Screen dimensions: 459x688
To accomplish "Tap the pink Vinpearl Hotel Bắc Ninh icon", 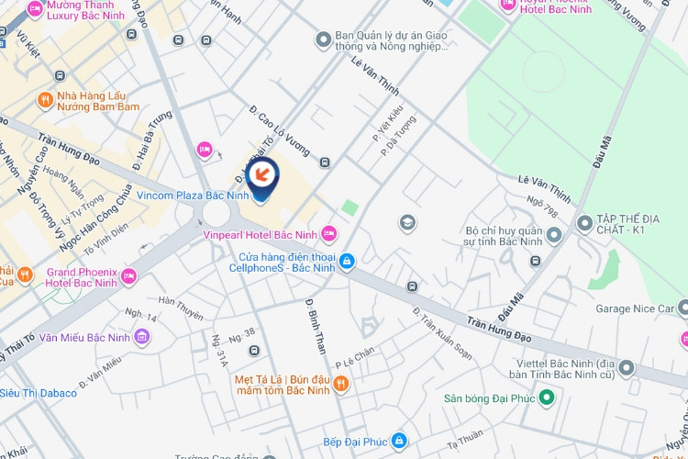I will (328, 234).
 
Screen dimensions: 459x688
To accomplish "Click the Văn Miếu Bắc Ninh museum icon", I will (141, 338).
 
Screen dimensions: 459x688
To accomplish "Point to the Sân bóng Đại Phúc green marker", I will (547, 397).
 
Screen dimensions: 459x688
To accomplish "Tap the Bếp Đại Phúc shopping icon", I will (398, 441).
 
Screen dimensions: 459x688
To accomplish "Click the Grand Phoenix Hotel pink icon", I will (128, 275).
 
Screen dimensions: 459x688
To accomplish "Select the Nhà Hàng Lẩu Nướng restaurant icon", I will (44, 99).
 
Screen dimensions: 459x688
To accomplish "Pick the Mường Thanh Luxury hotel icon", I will (35, 9).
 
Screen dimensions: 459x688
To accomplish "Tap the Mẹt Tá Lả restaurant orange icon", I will (340, 383).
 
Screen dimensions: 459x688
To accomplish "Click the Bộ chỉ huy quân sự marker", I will (553, 237).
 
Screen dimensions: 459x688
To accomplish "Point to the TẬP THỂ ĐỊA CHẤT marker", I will (584, 222).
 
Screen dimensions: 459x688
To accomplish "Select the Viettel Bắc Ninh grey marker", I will (627, 367).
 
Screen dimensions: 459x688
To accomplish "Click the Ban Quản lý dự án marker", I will (322, 39).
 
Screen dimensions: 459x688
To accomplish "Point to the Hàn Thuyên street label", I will (181, 307).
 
